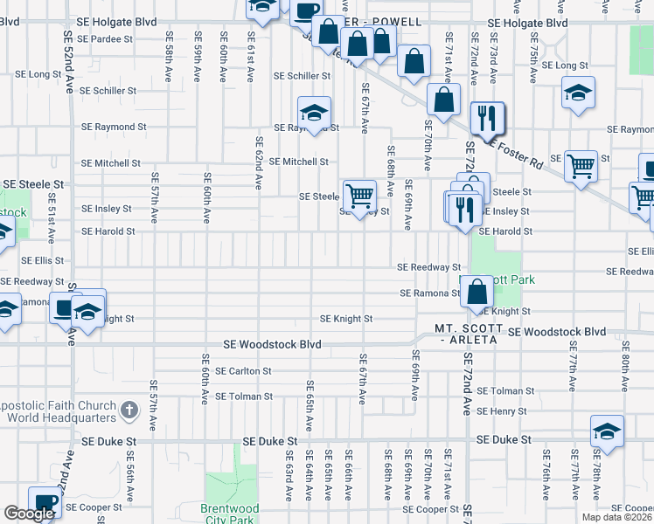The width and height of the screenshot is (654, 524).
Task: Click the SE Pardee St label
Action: point(105,39)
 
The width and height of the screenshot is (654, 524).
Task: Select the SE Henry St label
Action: point(502,410)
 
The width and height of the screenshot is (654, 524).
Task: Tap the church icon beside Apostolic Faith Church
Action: point(129,410)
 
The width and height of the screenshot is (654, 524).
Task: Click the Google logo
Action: point(28,514)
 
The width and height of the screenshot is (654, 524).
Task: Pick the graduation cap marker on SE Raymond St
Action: point(315,112)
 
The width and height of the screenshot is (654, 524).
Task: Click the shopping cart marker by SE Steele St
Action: point(358,196)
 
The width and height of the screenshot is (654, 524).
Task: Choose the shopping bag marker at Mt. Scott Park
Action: point(477,292)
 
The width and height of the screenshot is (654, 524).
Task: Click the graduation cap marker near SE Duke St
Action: point(608,432)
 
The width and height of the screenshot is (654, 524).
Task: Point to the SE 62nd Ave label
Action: point(260,163)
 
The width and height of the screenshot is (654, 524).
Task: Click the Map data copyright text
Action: point(617,517)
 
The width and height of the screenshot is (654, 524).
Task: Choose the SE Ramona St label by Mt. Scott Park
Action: point(430,293)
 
